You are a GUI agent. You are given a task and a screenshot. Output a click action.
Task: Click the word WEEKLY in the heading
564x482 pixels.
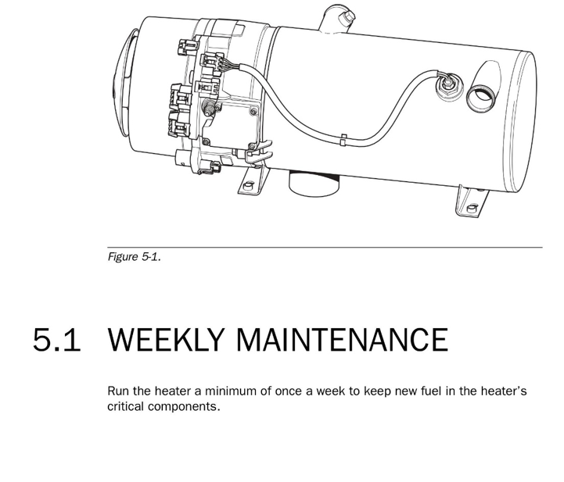(x=165, y=339)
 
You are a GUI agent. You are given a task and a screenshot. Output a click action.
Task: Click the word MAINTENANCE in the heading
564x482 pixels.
(x=343, y=339)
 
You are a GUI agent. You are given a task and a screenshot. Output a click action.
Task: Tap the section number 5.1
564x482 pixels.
(x=56, y=339)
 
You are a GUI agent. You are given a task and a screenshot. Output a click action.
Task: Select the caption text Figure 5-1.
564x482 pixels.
(x=135, y=257)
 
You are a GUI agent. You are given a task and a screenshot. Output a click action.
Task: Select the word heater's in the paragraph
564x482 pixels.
(x=504, y=391)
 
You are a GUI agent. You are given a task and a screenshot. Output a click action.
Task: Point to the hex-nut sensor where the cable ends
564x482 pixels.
(x=447, y=85)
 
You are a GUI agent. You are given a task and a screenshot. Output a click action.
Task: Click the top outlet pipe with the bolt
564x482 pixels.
(x=337, y=19)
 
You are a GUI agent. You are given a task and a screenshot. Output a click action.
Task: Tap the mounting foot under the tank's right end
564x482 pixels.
(x=472, y=202)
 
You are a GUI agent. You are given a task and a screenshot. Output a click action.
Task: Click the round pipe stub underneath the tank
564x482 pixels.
(x=314, y=184)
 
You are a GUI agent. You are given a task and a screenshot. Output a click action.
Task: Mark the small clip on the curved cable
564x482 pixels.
(x=343, y=140)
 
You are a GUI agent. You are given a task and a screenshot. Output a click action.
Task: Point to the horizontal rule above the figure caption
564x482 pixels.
(x=325, y=248)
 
